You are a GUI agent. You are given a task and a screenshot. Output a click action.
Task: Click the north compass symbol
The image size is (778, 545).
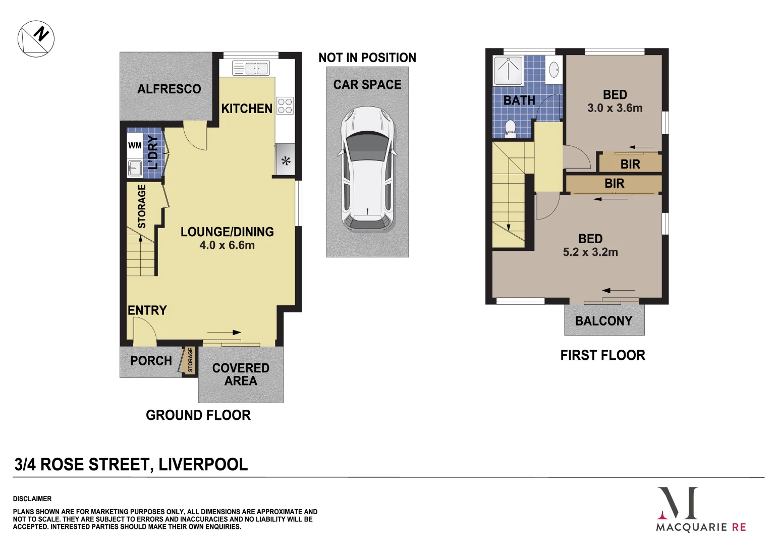point(36,38)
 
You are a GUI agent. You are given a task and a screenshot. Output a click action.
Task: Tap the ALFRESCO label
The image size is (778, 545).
point(169,89)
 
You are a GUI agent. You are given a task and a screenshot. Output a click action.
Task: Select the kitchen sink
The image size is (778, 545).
point(251,68)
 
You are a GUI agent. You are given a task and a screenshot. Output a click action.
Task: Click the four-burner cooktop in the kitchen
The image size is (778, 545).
point(285,105)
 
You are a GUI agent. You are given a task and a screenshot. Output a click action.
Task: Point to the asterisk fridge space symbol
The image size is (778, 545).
point(286,161)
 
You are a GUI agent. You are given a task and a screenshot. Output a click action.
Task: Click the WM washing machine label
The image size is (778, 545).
point(135,145)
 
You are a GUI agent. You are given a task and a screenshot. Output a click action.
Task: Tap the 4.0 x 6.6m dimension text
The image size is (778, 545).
point(227,245)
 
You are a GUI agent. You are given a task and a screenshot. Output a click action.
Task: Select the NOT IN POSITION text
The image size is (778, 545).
point(367,58)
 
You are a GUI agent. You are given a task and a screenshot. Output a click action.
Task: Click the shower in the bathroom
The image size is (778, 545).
point(508,71)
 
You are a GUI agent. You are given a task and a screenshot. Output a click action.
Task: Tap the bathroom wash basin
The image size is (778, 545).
point(553,69)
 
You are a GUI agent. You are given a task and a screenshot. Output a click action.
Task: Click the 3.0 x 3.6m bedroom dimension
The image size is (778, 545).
point(615,108)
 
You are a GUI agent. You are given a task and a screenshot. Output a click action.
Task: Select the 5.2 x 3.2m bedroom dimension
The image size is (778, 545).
point(590,252)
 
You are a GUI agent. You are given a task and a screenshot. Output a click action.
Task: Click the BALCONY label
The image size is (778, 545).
point(603,321)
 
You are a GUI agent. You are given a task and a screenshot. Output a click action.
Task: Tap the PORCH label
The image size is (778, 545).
point(151,361)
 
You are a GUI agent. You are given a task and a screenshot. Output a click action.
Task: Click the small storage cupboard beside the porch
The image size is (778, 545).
point(190,360)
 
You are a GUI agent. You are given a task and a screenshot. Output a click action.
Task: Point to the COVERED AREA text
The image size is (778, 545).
point(241,374)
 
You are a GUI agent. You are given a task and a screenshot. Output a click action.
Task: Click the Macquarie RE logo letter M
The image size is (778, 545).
point(678,503)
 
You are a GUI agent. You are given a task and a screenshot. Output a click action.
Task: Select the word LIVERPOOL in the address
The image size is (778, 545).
point(203,464)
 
